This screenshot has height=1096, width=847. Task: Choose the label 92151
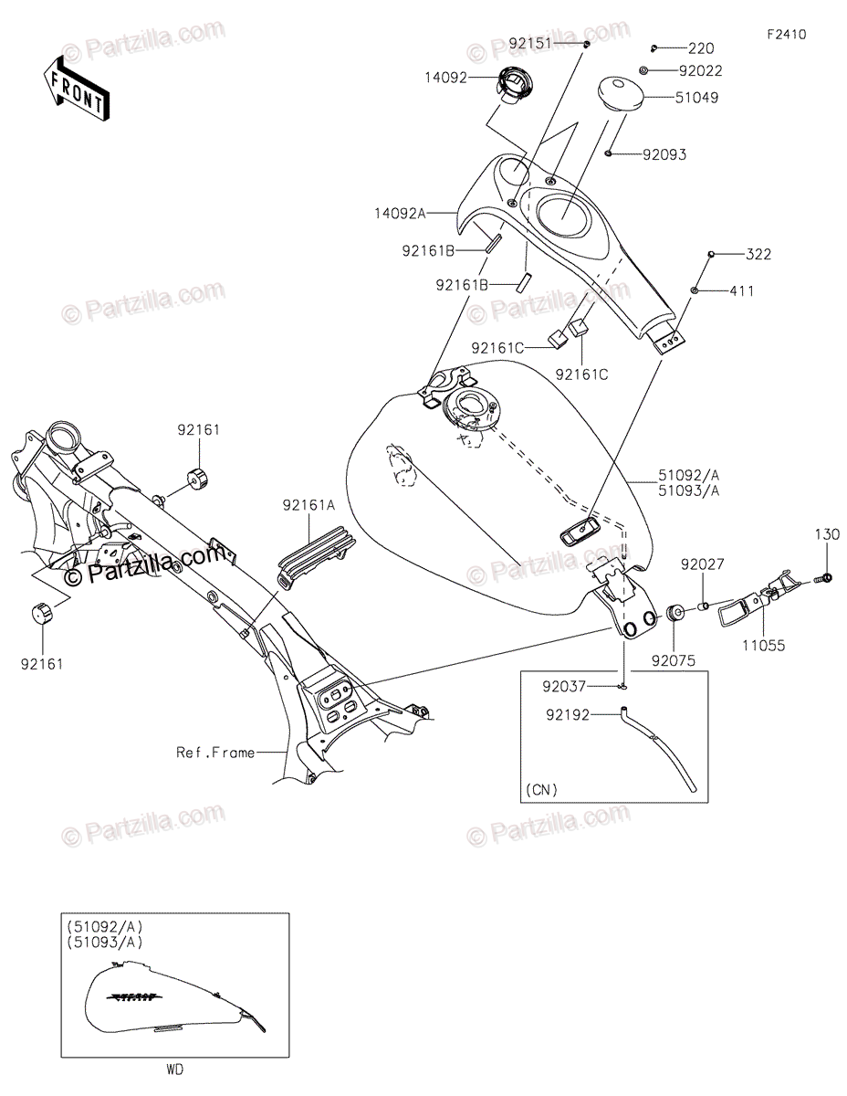[x=532, y=43]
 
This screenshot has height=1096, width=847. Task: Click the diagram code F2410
[x=786, y=35]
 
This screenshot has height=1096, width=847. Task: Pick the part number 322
[x=758, y=254]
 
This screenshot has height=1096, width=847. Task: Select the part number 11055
[x=764, y=645]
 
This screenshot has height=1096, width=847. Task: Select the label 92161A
[x=310, y=503]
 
